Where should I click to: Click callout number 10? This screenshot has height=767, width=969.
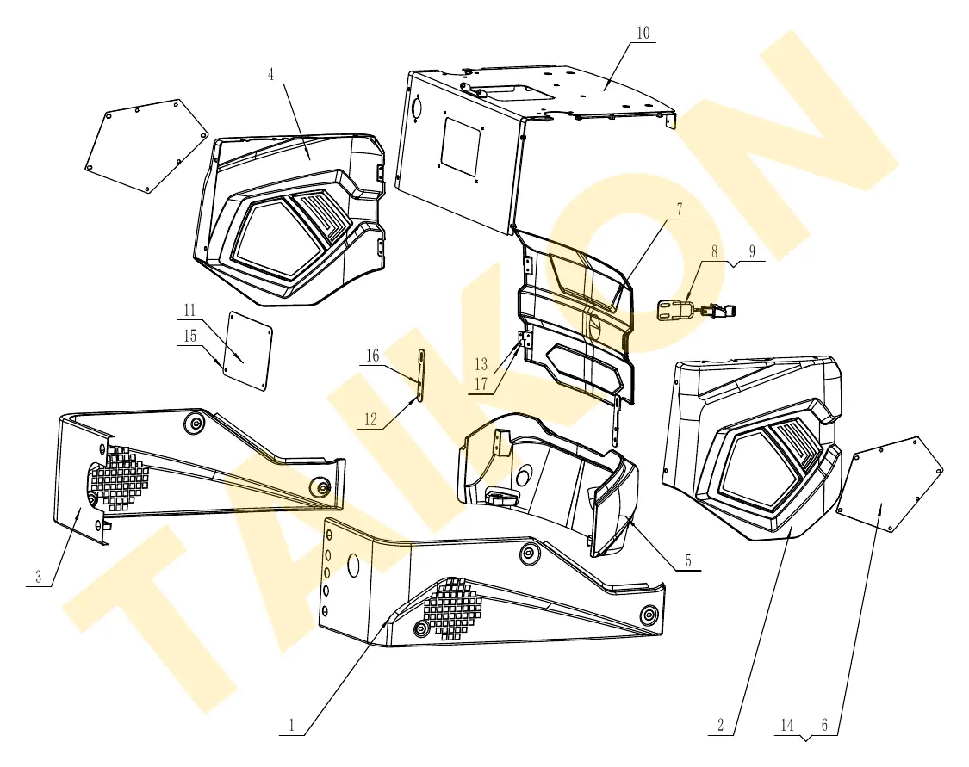pos(643,33)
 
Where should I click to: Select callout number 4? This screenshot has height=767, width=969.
pos(270,75)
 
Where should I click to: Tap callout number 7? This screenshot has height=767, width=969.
pos(680,209)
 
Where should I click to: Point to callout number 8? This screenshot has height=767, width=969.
pos(714,251)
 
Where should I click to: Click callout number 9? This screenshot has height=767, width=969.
pos(752,251)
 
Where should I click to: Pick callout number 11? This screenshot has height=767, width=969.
pos(189,310)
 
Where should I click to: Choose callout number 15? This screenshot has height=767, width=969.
pos(189,336)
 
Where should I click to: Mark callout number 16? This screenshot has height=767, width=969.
pos(372,356)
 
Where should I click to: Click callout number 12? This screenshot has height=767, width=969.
pos(370,420)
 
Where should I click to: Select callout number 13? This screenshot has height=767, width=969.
pos(481,364)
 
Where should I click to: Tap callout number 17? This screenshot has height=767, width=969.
pos(481,384)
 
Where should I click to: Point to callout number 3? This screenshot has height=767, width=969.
pos(38,577)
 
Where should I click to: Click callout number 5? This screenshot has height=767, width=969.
pos(688,560)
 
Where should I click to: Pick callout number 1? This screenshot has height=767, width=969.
pos(292,725)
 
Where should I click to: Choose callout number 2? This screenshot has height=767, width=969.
pos(721,725)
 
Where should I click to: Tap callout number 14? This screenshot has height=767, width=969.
pos(786,725)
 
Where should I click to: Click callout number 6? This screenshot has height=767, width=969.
pos(824,725)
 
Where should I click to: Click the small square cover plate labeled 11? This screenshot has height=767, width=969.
pos(247,350)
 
